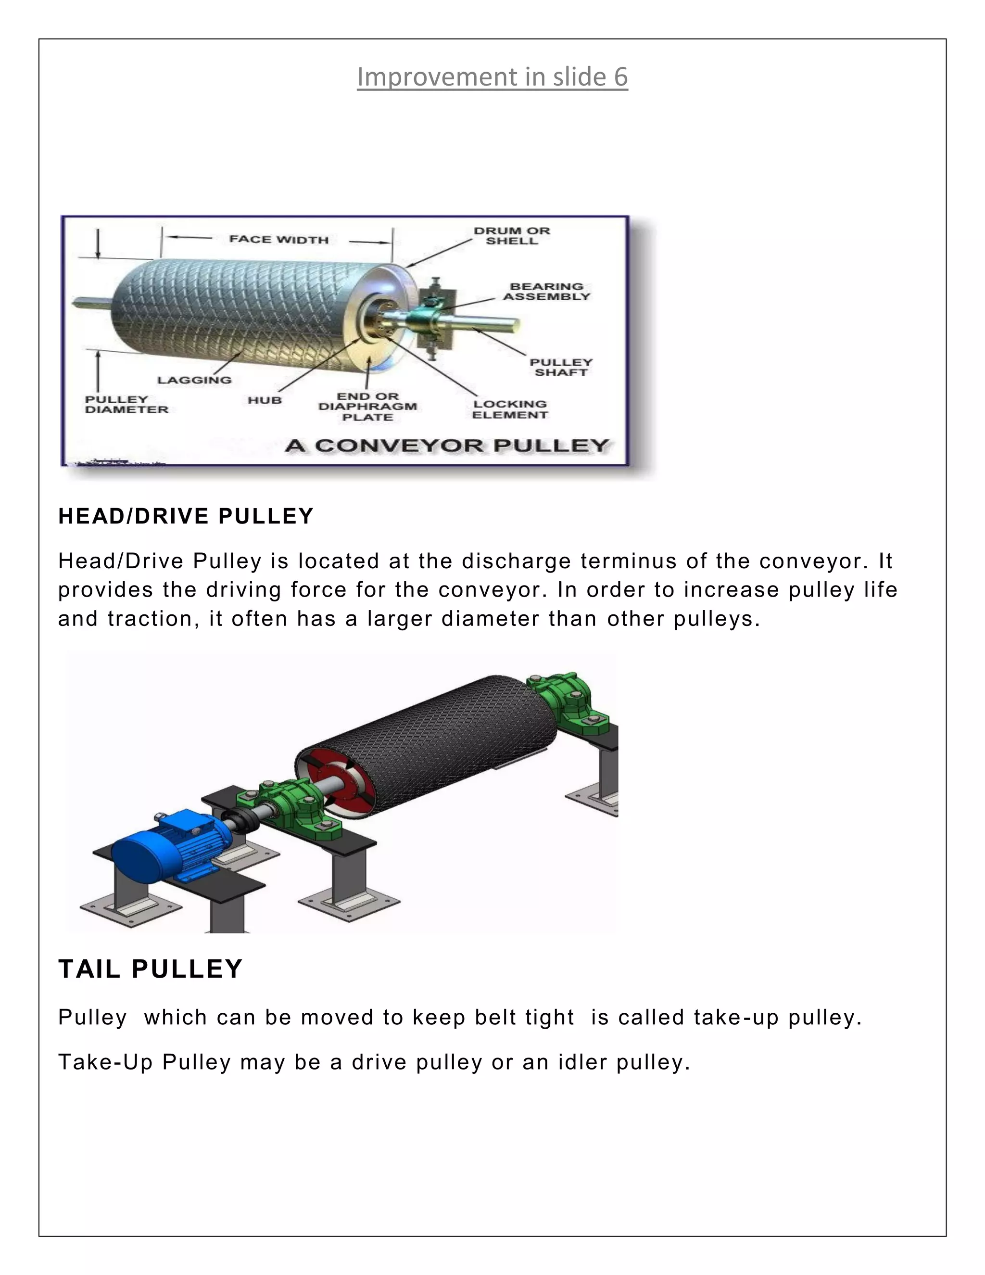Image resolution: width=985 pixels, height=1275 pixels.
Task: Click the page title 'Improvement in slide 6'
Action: click(492, 77)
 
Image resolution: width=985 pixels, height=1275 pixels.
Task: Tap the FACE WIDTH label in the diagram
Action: click(278, 239)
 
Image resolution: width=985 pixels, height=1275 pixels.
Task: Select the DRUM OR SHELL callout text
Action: click(512, 236)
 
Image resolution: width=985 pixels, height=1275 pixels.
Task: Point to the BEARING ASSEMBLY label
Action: click(546, 291)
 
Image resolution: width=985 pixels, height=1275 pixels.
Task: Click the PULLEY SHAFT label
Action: click(560, 367)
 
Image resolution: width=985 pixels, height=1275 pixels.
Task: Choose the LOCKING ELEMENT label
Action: click(510, 409)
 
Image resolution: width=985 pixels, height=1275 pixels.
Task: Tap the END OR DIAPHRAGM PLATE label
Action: click(367, 407)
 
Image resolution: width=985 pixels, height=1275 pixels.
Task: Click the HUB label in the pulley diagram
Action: click(265, 400)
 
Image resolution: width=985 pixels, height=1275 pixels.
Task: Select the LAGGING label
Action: click(194, 380)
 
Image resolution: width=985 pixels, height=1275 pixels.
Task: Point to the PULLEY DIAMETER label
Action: click(126, 405)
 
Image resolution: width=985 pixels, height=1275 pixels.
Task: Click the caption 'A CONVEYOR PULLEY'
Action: click(447, 446)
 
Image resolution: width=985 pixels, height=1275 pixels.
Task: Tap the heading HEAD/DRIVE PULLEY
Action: click(186, 517)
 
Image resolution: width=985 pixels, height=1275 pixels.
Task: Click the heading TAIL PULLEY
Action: click(151, 969)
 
